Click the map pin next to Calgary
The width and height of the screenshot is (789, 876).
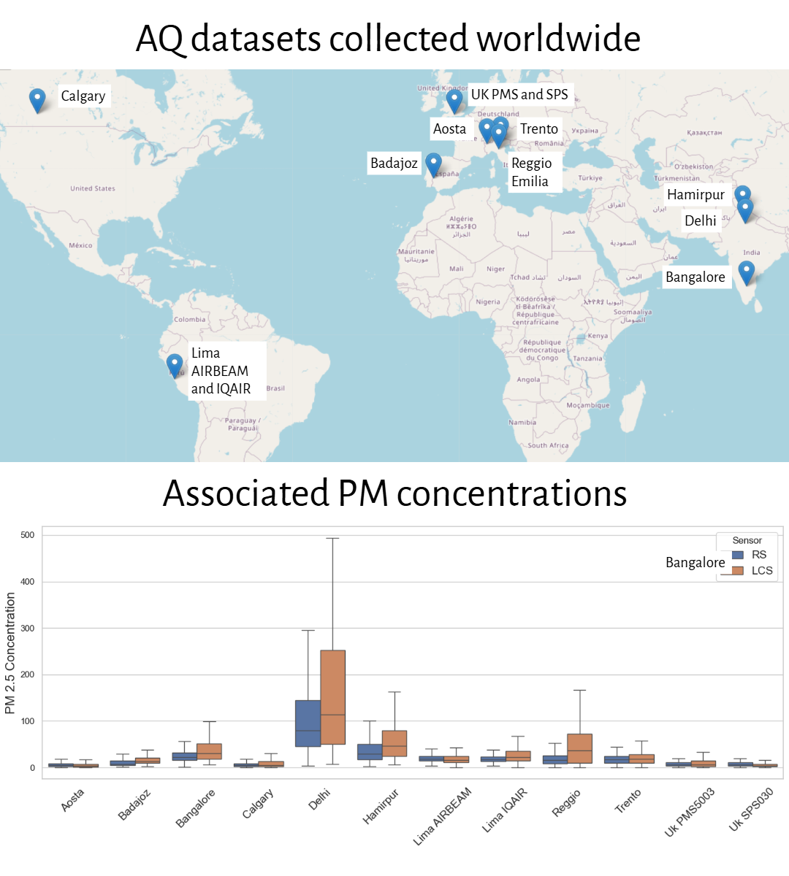point(37,99)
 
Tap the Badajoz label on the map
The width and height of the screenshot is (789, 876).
point(394,163)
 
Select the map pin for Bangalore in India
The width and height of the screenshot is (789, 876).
point(746,272)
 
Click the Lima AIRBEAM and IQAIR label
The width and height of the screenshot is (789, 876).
point(221,371)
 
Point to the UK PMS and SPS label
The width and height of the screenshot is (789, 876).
point(519,94)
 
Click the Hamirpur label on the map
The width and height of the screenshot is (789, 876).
point(695,194)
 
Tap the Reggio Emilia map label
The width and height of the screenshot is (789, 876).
point(531,172)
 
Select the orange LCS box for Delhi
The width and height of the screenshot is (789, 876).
point(332,697)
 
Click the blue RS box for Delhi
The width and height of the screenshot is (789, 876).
point(308,723)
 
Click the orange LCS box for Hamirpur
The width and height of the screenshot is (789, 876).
point(394,743)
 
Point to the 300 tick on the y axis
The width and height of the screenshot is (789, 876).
point(28,629)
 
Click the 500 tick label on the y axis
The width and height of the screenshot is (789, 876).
point(28,535)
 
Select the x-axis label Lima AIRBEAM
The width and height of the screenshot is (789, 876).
point(443,816)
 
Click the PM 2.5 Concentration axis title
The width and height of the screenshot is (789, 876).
point(10,653)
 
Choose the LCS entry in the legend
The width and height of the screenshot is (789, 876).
point(752,571)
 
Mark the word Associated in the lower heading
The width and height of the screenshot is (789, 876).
point(245,493)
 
